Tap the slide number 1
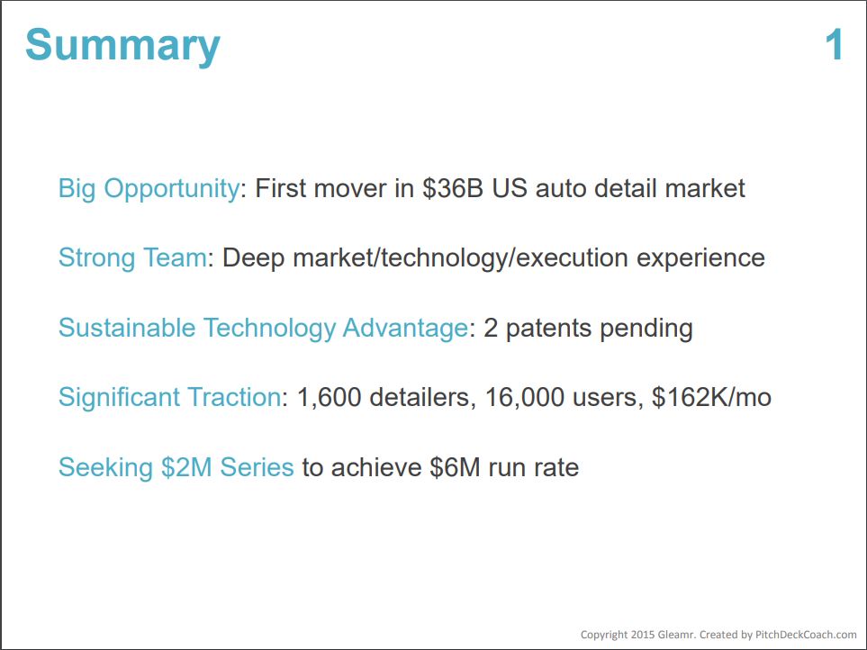tap(834, 45)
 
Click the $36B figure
tap(453, 188)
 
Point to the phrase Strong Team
tap(132, 257)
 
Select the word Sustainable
tap(127, 328)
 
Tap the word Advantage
tap(405, 329)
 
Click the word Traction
tap(234, 397)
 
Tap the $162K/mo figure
tap(711, 397)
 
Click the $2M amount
tap(186, 467)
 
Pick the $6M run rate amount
tap(503, 467)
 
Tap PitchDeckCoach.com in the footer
tap(806, 635)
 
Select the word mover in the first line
tap(350, 189)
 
